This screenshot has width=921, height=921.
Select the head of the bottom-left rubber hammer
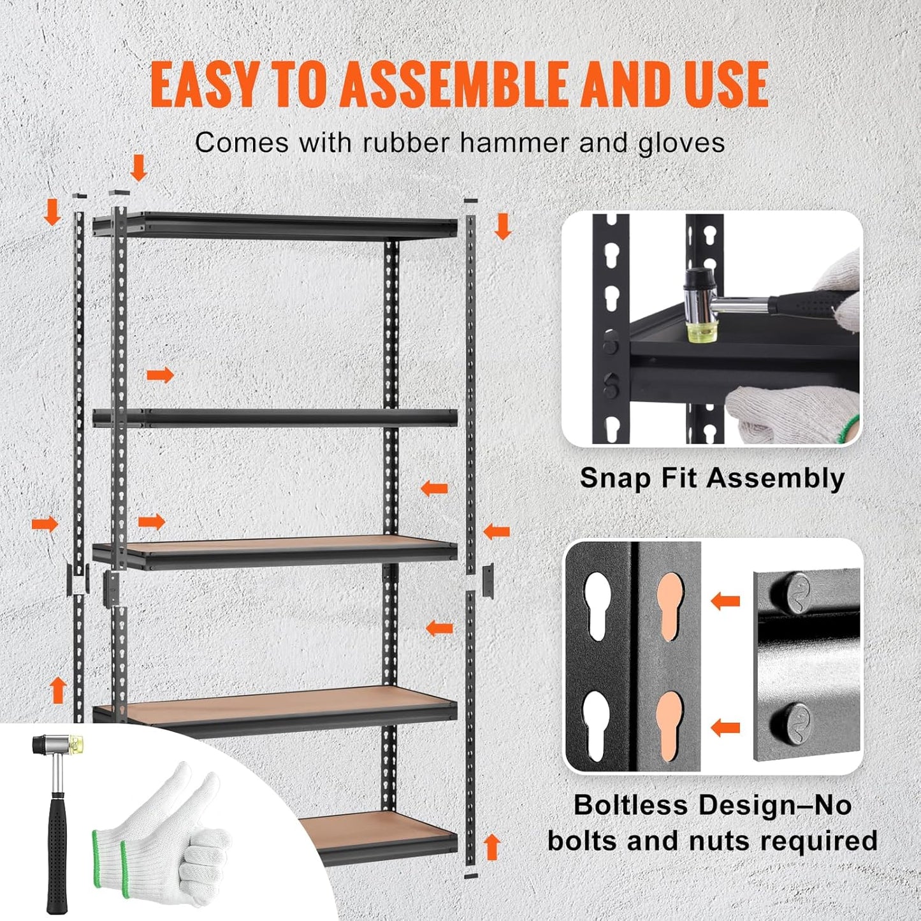coord(58,744)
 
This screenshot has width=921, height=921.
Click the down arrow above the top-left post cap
coord(138,168)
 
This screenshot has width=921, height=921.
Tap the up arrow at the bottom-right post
coord(491,847)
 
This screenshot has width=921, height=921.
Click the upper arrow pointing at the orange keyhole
coord(725,600)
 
